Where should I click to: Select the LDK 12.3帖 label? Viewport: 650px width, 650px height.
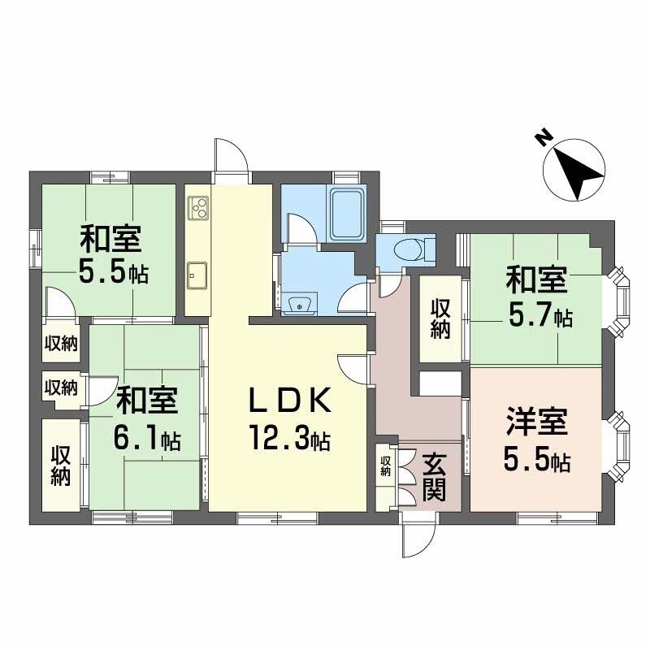point(288,419)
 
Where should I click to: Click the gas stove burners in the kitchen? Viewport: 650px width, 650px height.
point(197,209)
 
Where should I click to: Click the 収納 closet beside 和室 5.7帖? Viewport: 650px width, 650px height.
point(440,318)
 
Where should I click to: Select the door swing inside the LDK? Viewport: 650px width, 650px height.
point(354,369)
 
